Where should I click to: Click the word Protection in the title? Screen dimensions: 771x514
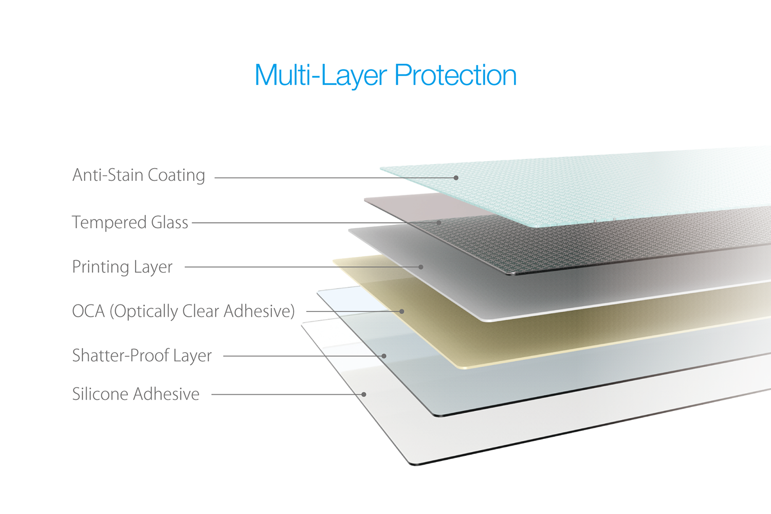(455, 75)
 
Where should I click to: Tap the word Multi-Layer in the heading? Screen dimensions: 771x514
(321, 76)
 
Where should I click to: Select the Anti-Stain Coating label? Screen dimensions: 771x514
(139, 175)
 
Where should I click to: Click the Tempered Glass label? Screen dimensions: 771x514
(130, 223)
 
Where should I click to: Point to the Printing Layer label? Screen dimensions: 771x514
(122, 267)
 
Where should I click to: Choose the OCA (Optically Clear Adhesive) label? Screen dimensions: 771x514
(183, 311)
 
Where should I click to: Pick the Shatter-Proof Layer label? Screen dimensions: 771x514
(142, 356)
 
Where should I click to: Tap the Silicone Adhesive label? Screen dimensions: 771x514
(136, 394)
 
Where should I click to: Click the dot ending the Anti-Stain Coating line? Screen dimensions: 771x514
(456, 178)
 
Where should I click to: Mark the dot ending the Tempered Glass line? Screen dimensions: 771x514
(439, 223)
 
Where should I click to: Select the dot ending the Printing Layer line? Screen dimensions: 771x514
(420, 267)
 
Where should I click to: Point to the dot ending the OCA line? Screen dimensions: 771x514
(401, 311)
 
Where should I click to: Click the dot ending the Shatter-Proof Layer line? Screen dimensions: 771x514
(384, 356)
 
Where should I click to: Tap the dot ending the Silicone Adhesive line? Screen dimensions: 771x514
(364, 395)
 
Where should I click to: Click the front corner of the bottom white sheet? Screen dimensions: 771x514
(413, 465)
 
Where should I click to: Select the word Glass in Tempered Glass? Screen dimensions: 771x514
(170, 223)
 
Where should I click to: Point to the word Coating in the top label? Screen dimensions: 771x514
(177, 175)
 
